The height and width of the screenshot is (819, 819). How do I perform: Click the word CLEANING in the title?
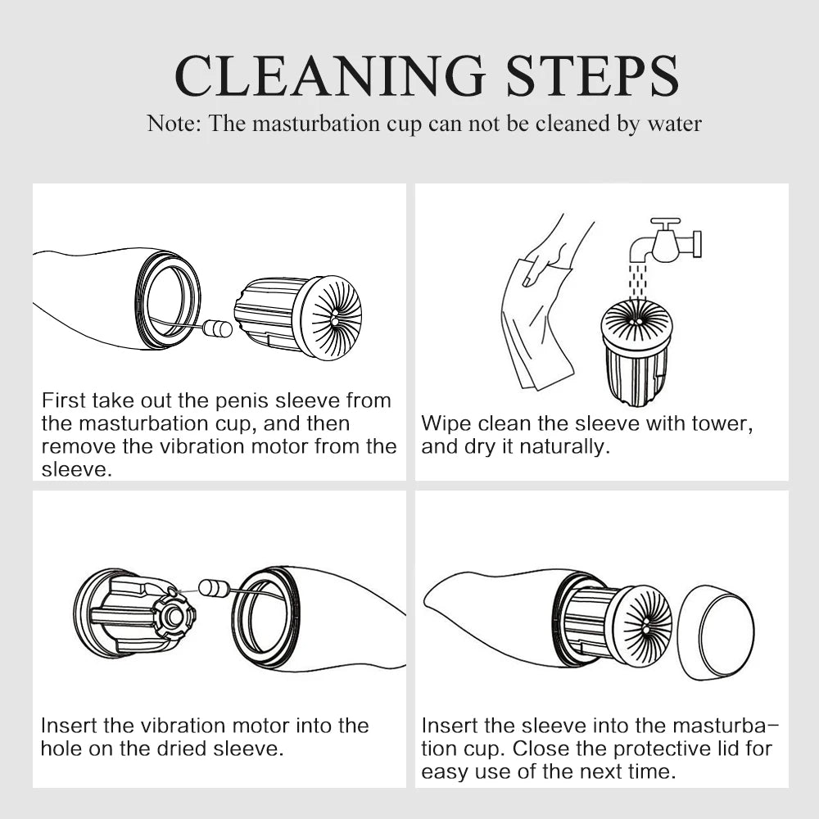330,75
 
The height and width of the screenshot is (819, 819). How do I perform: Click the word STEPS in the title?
592,75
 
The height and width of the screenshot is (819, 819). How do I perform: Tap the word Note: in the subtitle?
174,124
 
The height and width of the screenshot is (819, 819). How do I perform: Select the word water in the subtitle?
674,124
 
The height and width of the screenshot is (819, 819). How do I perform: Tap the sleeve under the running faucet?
636,353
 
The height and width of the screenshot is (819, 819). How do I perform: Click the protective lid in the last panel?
716,632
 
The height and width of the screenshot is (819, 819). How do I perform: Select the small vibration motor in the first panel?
217,328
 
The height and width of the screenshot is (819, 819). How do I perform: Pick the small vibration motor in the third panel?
214,587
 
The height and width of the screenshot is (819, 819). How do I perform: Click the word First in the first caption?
63,400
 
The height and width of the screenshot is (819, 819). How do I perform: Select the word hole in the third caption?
61,749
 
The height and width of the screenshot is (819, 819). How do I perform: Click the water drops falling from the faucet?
638,282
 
